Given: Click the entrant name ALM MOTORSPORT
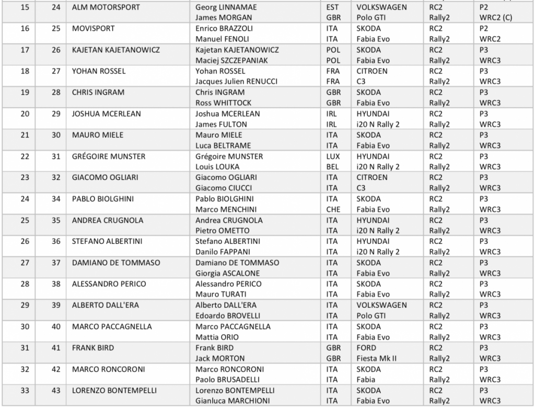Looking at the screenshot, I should pos(101,7).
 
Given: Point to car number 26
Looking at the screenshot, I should pos(56,50).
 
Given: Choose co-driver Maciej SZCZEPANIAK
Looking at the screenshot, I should pos(231,61).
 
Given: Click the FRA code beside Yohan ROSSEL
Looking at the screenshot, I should pos(332,71).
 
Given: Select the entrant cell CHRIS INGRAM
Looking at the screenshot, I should pos(98,93).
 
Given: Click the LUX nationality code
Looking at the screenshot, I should pos(332,156).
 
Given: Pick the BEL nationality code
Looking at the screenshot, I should pos(332,167).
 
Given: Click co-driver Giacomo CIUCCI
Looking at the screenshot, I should pos(221,188).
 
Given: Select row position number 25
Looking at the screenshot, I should pos(25,220).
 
